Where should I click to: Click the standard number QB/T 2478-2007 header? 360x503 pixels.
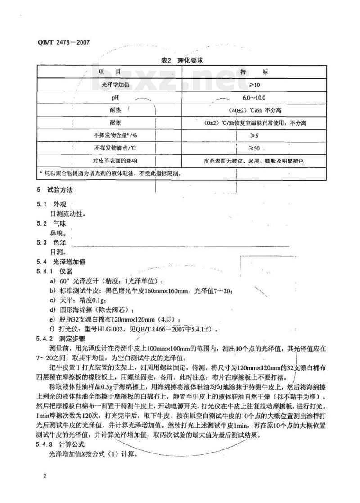pos(64,43)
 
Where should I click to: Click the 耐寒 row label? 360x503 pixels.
pos(109,122)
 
